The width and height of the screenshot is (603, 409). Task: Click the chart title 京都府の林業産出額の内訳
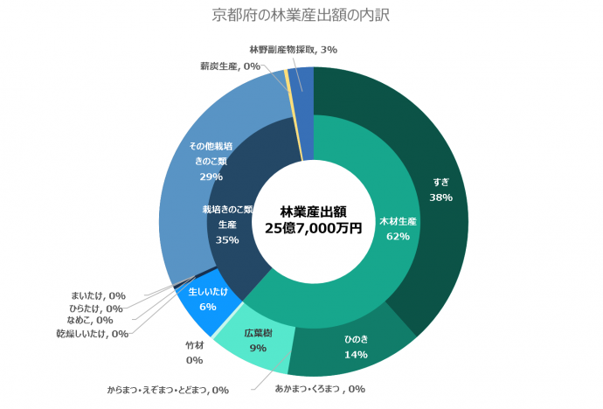coord(301,15)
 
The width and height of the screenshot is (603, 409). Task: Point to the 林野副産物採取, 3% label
coord(293,50)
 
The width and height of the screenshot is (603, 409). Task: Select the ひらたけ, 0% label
coord(95,308)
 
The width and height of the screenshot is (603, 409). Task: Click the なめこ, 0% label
coord(90,320)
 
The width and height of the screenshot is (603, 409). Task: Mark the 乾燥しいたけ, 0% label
coord(92,333)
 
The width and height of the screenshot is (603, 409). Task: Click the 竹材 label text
coord(194,346)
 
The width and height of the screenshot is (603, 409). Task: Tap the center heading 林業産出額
coord(313,211)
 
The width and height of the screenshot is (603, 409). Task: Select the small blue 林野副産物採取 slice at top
coord(301,80)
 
